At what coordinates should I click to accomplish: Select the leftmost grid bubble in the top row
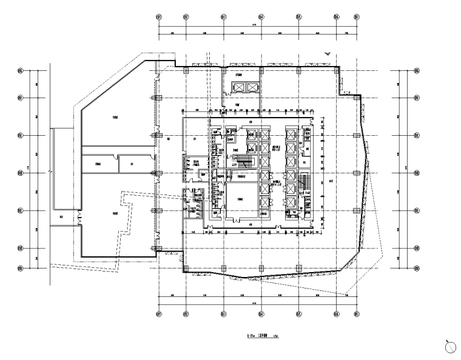(159, 17)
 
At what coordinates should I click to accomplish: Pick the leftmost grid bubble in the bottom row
(159, 314)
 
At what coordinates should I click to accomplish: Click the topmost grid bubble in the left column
(21, 71)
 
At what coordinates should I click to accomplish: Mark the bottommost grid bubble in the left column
(21, 268)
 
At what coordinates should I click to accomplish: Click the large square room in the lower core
(240, 199)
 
